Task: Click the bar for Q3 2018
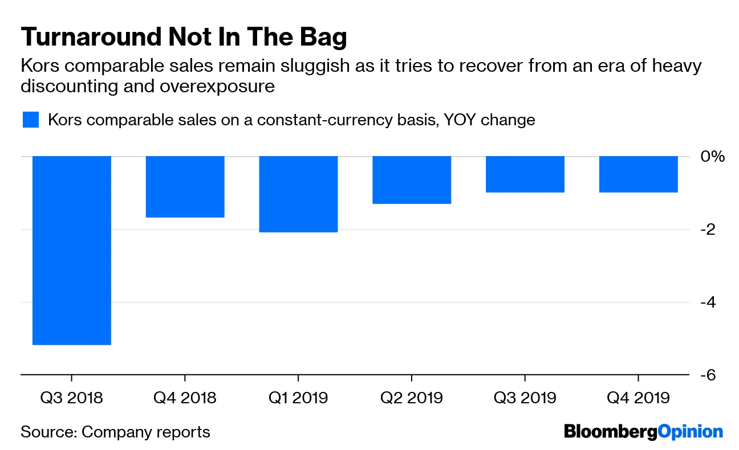point(71,250)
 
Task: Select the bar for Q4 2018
point(185,187)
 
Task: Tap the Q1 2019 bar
point(298,194)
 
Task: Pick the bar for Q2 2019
point(412,180)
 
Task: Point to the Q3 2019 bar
point(525,174)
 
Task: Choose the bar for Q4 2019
point(638,174)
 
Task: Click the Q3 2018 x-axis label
point(71,397)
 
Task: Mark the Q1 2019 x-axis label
point(298,397)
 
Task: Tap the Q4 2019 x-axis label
point(638,397)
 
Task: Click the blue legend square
point(30,120)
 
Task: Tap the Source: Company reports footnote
point(115,432)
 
